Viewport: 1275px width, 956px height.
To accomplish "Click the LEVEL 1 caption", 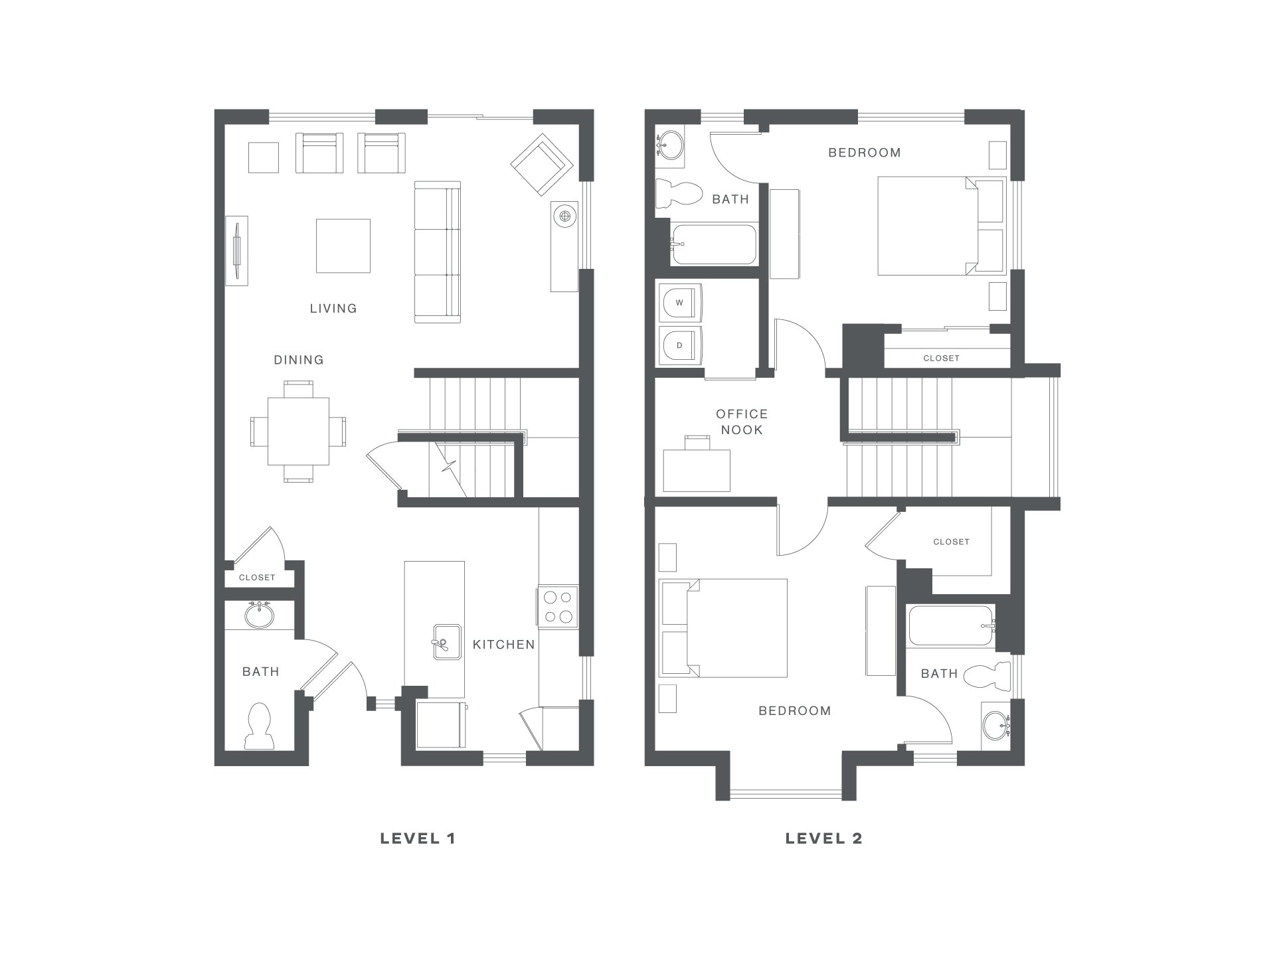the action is pos(418,838).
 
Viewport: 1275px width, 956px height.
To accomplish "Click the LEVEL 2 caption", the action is pos(823,838).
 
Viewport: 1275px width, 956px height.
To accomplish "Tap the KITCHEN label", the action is pos(503,645).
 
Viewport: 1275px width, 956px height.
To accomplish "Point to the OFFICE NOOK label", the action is pos(742,422).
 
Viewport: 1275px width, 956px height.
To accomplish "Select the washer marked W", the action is pos(679,303).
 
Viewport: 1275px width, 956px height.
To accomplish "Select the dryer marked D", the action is pos(679,345).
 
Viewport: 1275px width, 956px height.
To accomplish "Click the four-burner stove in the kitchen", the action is pos(558,607).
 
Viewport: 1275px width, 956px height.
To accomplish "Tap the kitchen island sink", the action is pos(447,642).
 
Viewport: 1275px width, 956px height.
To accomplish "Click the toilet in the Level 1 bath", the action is pos(259,726).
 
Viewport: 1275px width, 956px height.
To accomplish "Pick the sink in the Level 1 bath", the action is pos(259,615).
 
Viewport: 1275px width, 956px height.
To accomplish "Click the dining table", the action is pos(299,431).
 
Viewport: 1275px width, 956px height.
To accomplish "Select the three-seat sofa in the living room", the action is pos(438,252).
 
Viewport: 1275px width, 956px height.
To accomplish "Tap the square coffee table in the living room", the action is pos(343,246).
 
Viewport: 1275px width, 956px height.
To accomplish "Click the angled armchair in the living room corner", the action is pos(542,165).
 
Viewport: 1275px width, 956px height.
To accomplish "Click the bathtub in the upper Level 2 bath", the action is pos(713,244).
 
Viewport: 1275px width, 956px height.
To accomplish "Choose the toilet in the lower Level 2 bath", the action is pos(987,677).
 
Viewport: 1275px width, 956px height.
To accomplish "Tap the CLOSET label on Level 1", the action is pos(257,578).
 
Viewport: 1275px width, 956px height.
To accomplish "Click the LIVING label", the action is pos(333,309).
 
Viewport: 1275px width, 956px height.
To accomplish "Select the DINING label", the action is pos(299,360).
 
